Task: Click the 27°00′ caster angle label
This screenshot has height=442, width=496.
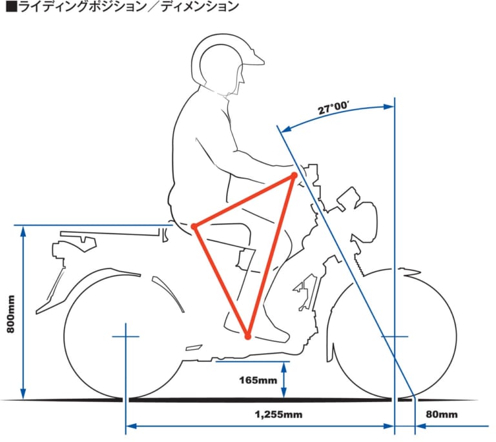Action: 333,108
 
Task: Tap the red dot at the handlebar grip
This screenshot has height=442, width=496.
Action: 293,175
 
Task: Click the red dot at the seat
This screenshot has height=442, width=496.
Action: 194,226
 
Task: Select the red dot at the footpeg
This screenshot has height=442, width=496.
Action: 247,336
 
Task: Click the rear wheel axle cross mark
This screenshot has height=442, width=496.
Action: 125,336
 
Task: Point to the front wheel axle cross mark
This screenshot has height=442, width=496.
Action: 395,336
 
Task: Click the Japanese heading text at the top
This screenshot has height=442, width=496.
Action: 123,7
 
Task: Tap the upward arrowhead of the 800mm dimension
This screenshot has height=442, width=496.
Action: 23,230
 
